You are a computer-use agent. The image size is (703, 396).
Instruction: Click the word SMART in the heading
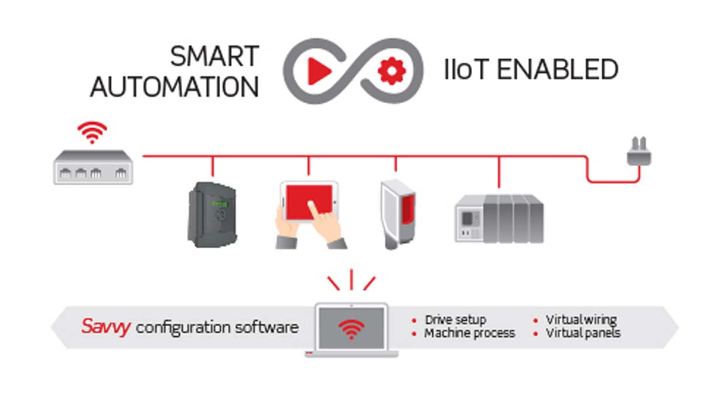214,57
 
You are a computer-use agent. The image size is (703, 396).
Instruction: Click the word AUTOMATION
175,87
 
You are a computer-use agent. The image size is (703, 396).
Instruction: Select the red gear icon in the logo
388,71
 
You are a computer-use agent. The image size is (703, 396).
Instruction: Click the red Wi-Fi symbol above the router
93,133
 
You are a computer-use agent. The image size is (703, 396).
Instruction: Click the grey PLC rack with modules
499,218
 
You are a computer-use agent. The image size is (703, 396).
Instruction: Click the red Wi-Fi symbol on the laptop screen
351,330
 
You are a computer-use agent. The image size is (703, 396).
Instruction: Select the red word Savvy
105,326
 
